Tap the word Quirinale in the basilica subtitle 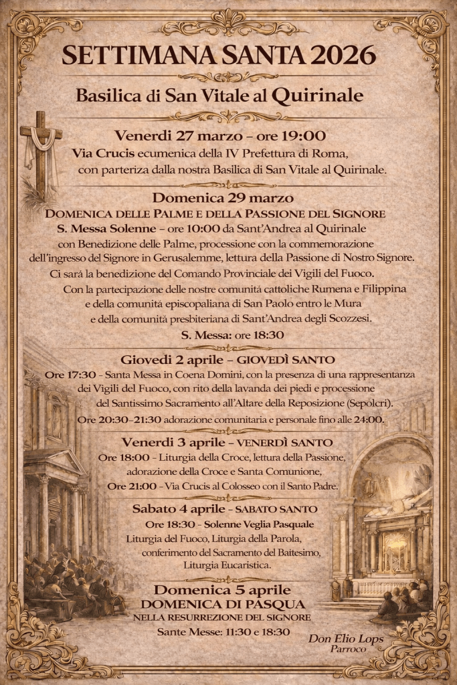(x=323, y=95)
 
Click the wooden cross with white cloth (x=40, y=155)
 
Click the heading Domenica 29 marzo (x=223, y=197)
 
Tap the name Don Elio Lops (x=346, y=639)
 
